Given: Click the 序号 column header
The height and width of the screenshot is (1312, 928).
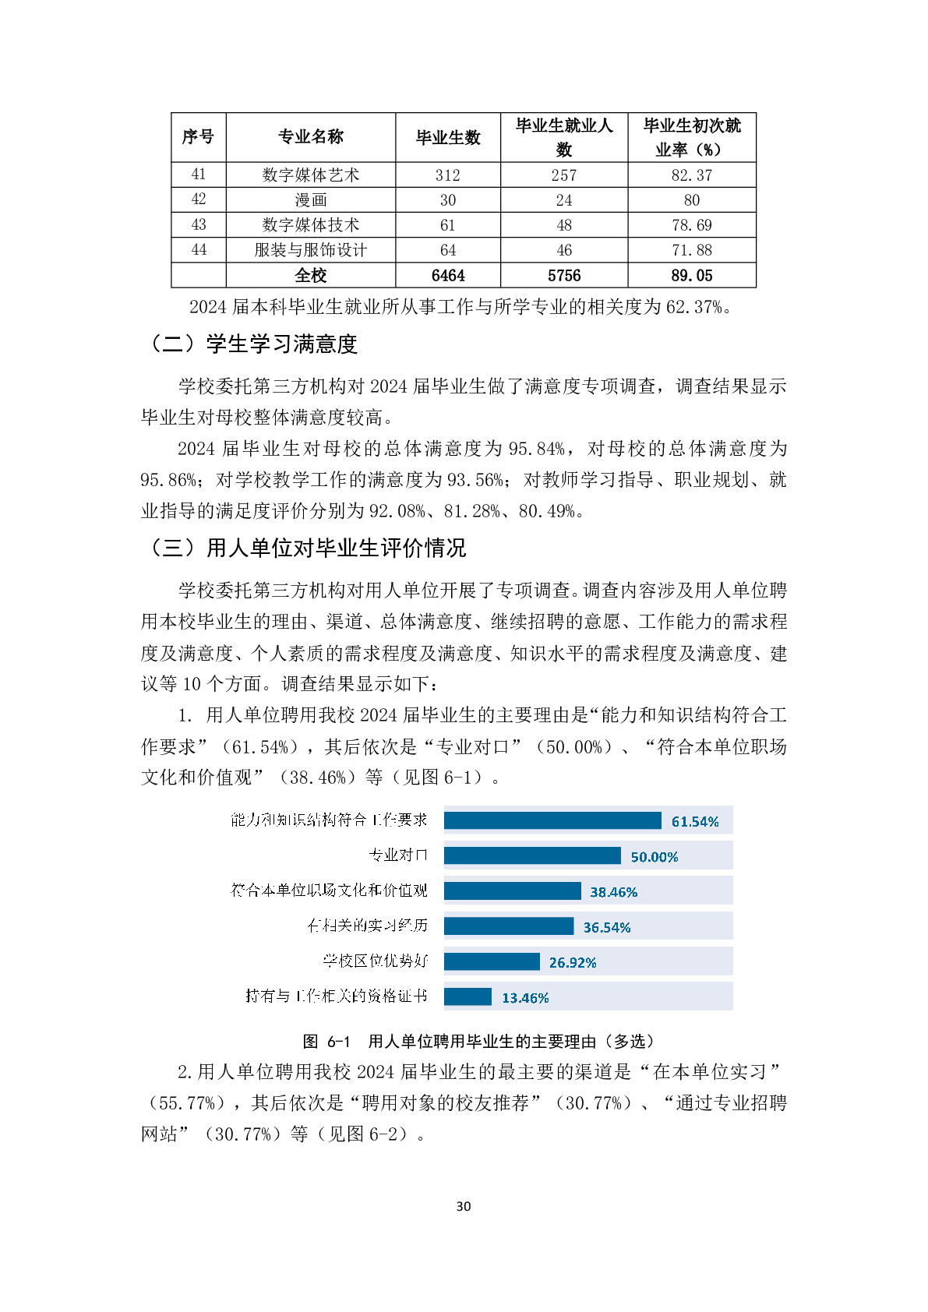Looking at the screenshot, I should (198, 137).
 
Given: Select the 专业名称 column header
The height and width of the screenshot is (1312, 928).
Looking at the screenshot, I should (310, 137).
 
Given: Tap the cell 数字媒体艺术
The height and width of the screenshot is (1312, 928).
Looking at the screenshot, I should (310, 175).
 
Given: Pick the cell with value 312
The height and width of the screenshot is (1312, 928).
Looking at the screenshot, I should (447, 175).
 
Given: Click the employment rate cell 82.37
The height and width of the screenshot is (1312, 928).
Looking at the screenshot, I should (691, 175).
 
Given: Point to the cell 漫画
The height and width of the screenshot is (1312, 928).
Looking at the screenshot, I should (310, 200).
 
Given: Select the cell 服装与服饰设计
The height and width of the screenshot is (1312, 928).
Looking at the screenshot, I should (310, 250).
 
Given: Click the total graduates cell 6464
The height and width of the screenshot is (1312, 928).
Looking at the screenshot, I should (447, 276).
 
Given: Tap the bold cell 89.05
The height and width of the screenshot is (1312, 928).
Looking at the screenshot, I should (691, 276).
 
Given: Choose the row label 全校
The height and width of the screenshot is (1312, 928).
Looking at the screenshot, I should (310, 276).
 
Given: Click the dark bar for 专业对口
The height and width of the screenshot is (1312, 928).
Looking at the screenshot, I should (532, 855).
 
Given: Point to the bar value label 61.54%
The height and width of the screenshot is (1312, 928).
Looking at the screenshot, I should (695, 822).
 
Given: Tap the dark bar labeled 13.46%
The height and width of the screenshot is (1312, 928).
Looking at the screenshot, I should (468, 996).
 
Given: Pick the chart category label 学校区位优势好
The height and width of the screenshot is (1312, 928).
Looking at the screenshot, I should (376, 961).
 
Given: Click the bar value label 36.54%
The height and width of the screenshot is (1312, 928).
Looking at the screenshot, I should (607, 927).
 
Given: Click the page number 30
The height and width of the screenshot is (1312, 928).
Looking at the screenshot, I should (464, 1206).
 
